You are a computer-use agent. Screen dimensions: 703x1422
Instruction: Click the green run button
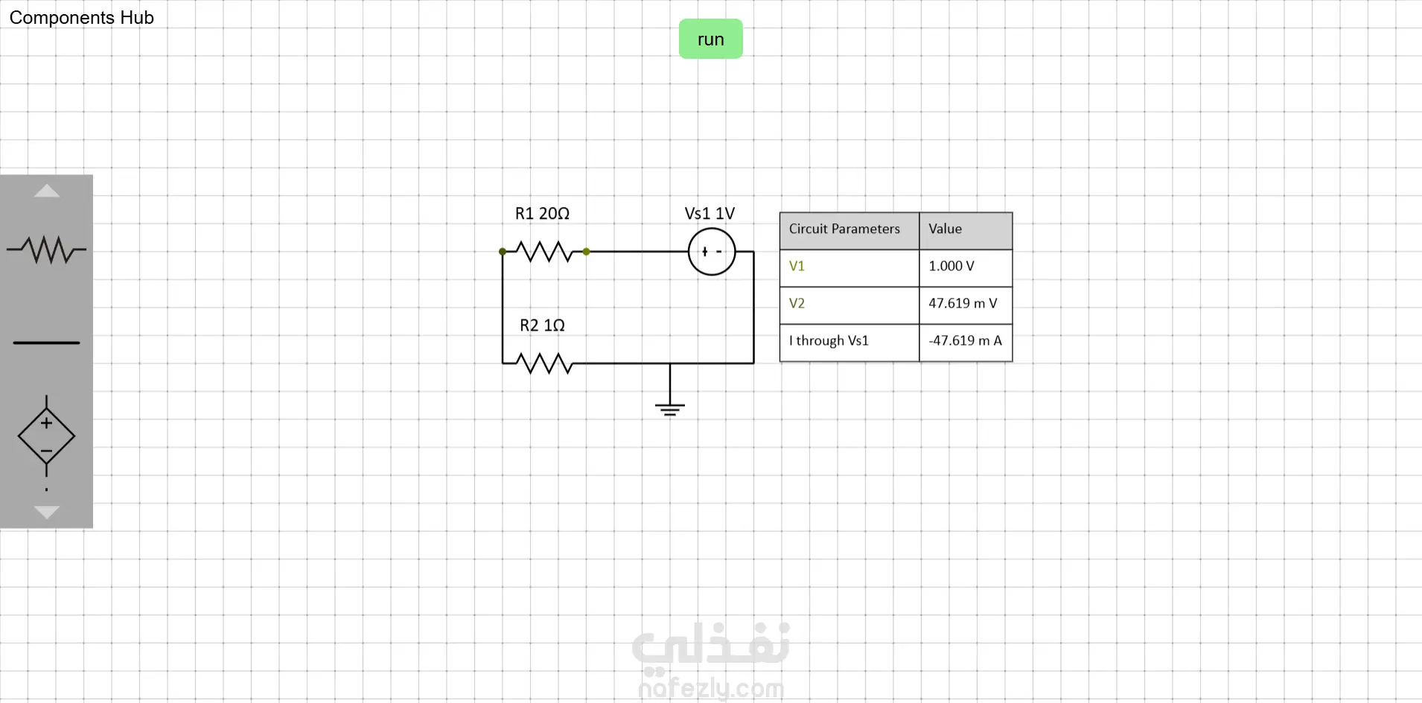click(x=710, y=39)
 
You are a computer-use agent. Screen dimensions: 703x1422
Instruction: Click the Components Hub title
click(x=81, y=18)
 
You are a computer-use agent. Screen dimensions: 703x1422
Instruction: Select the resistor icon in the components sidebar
click(x=46, y=249)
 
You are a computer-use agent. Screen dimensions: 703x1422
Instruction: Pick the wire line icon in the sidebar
click(x=46, y=343)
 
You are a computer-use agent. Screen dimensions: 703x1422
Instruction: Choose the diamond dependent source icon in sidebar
click(x=46, y=436)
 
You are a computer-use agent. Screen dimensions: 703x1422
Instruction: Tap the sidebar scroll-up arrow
click(x=46, y=191)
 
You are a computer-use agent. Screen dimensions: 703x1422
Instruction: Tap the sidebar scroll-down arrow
click(x=46, y=512)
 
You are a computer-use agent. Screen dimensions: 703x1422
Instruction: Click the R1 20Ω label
click(x=542, y=214)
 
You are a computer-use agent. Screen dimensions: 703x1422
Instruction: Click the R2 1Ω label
click(x=542, y=325)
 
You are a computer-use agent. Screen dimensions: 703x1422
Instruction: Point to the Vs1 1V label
click(x=710, y=214)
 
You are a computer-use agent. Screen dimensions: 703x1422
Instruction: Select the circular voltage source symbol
click(x=712, y=252)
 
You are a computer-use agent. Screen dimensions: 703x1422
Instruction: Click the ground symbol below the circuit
click(x=670, y=407)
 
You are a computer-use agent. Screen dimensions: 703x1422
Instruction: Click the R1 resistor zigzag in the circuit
click(x=545, y=252)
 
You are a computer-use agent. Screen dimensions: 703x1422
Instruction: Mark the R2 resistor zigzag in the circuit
click(x=545, y=363)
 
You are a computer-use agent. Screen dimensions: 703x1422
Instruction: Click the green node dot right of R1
click(x=587, y=252)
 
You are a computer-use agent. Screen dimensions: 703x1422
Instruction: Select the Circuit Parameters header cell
click(x=849, y=229)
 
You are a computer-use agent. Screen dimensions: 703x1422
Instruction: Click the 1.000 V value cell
click(x=965, y=267)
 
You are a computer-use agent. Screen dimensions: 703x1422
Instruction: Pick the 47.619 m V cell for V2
click(x=965, y=304)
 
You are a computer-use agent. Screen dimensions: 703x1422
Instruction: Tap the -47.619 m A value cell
click(x=965, y=341)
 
